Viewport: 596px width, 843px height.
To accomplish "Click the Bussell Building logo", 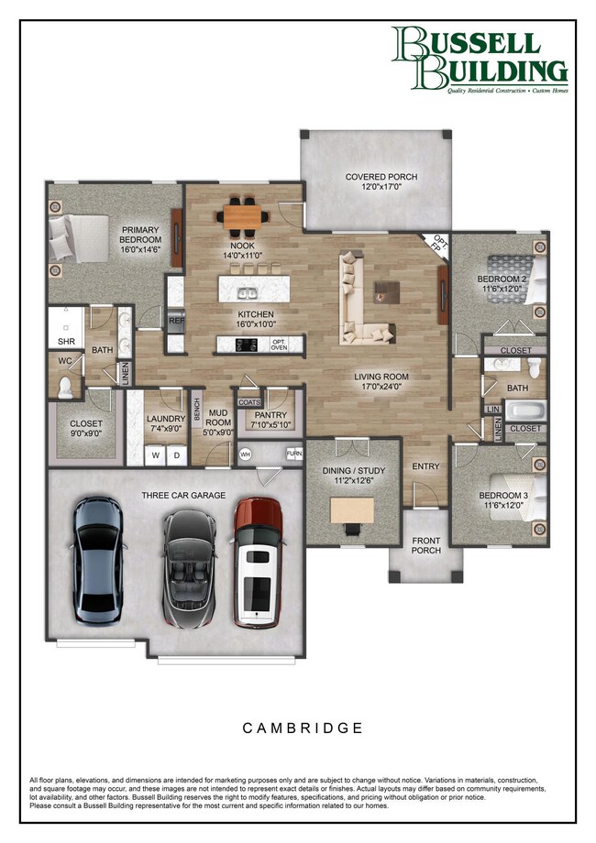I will [x=480, y=60].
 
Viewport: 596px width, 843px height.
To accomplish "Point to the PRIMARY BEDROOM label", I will [x=139, y=236].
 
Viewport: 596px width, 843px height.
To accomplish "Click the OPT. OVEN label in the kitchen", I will [x=280, y=345].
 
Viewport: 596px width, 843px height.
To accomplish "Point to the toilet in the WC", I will [x=65, y=388].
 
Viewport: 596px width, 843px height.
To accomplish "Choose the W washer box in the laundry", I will [x=155, y=454].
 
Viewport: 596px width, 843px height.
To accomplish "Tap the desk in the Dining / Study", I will [x=352, y=509].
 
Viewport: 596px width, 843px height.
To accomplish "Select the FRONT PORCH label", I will [x=425, y=545].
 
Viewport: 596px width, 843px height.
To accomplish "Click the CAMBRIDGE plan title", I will [x=303, y=728].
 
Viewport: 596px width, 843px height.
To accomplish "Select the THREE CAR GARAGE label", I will [x=183, y=495].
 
